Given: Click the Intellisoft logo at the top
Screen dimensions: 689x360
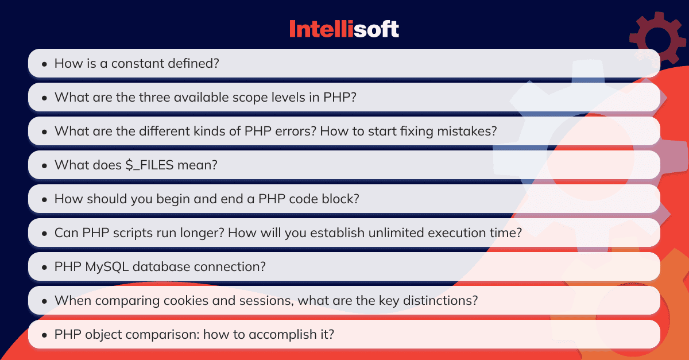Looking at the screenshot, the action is (344, 29).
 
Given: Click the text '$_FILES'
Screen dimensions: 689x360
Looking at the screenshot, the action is (149, 165).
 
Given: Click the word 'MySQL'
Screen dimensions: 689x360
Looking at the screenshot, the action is (107, 267).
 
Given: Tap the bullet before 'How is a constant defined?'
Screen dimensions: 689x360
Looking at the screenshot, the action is (45, 64).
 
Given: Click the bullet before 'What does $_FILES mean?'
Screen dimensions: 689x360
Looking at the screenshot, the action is (45, 165).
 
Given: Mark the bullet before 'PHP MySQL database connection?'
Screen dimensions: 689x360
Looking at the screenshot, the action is (45, 267).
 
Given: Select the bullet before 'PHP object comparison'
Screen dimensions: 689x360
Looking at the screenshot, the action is (45, 335).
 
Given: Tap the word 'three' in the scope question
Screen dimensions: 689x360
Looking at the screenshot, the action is (154, 97).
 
